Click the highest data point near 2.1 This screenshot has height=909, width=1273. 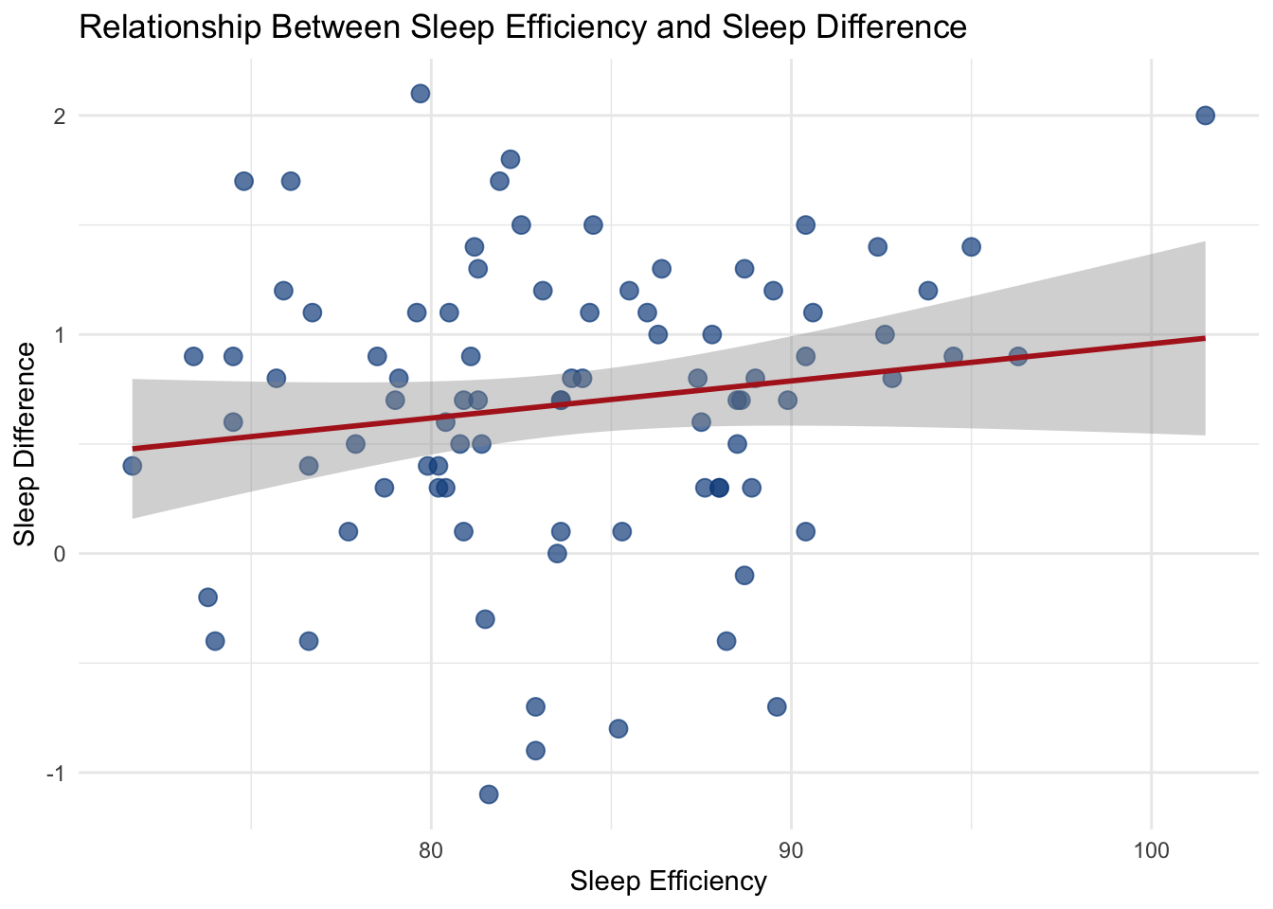click(421, 93)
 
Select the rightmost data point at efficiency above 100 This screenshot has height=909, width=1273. click(1205, 116)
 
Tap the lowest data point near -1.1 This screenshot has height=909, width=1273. click(489, 793)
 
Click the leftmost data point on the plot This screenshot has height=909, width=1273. click(133, 466)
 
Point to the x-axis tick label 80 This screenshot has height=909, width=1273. click(431, 848)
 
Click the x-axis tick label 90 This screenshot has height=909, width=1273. click(791, 848)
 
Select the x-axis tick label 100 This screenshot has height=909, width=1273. click(1151, 848)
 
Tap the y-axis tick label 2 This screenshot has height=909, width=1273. click(59, 116)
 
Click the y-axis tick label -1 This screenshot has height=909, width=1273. click(55, 773)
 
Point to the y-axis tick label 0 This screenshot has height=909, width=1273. click(59, 554)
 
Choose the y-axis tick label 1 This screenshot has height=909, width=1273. click(59, 335)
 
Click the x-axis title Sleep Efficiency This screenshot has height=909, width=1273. click(668, 882)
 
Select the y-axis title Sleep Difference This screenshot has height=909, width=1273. click(26, 444)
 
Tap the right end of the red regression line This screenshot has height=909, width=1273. click(1204, 338)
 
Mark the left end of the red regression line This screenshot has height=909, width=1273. click(134, 448)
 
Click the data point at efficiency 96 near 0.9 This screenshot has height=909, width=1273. click(1018, 356)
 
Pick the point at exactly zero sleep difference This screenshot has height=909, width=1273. click(557, 553)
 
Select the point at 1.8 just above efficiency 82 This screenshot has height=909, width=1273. click(511, 159)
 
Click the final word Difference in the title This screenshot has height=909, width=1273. click(890, 27)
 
